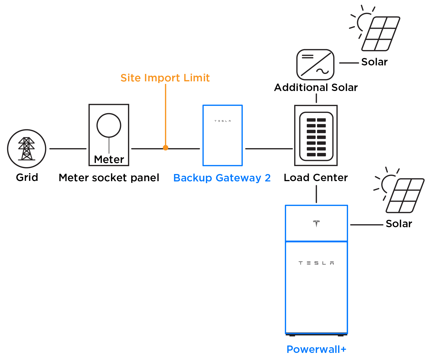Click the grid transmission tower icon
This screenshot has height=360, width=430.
(x=26, y=149)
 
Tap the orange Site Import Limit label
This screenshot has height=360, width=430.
(x=165, y=78)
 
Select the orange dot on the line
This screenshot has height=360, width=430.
(x=166, y=148)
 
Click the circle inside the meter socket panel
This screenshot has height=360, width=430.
(x=109, y=125)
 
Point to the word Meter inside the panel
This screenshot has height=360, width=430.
(x=109, y=160)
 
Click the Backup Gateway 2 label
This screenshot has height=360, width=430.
(x=222, y=178)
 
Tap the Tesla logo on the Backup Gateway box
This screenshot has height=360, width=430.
(x=223, y=121)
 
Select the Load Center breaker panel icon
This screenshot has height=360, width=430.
(x=316, y=136)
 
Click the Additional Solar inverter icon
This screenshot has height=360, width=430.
(x=315, y=65)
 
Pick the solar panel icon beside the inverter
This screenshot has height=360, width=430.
(x=380, y=34)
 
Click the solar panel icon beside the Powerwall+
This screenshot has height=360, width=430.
(x=404, y=195)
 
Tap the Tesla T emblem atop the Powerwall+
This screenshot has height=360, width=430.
(x=316, y=224)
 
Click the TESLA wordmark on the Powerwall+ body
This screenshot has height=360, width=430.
(x=316, y=263)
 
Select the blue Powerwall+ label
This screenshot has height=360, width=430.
(x=316, y=349)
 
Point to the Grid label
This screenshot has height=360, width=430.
(x=27, y=177)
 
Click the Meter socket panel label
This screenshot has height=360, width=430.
(x=109, y=178)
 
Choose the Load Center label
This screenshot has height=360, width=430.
(x=316, y=177)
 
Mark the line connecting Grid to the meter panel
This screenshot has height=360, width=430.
(x=68, y=149)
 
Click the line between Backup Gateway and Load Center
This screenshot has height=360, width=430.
(x=269, y=149)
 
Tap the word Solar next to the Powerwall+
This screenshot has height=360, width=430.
(x=399, y=224)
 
